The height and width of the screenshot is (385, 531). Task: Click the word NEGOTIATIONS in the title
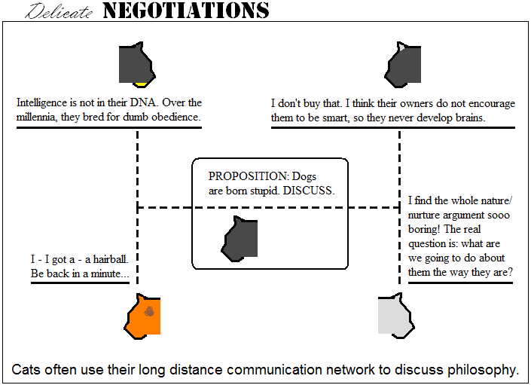coord(185,11)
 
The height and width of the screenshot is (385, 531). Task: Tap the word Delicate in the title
coord(61,11)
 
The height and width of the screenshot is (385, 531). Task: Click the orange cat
coord(143,316)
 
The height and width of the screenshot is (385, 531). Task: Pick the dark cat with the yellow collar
coord(137,64)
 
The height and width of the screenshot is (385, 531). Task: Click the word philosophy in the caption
coord(482,370)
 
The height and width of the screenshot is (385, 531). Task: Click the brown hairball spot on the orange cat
coord(149,311)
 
